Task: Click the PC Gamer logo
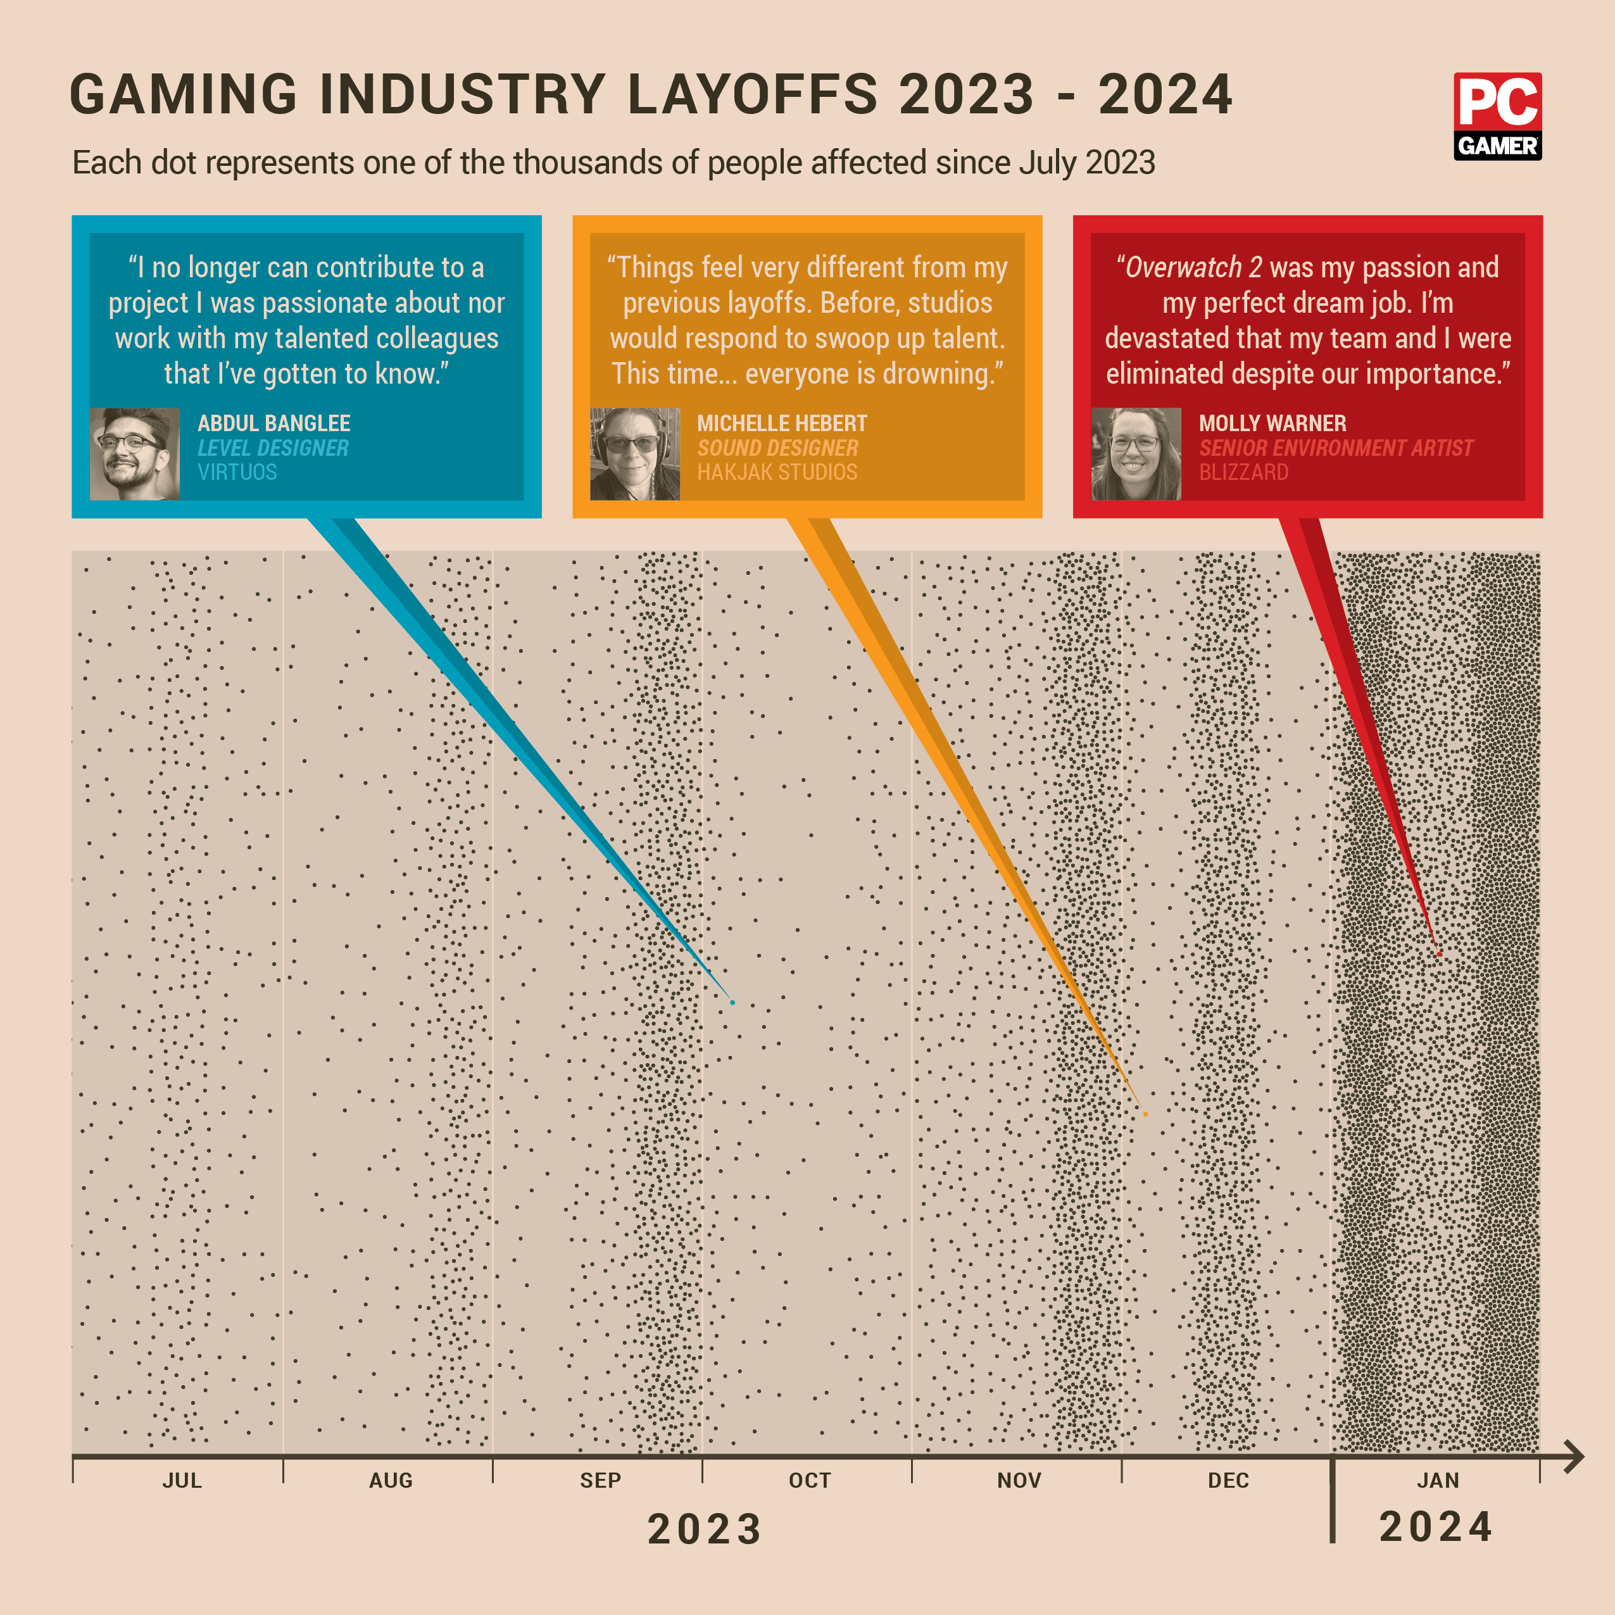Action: click(x=1497, y=116)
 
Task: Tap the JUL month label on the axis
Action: click(x=182, y=1480)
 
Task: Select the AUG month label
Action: click(x=391, y=1480)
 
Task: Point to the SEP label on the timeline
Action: click(x=600, y=1480)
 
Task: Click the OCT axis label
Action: click(x=809, y=1480)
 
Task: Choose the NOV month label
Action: click(x=1019, y=1480)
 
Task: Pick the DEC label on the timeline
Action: click(x=1228, y=1480)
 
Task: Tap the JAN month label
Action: click(x=1438, y=1480)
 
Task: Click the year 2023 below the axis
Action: click(x=705, y=1529)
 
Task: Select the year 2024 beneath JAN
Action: click(x=1436, y=1527)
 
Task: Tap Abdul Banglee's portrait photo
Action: click(x=135, y=454)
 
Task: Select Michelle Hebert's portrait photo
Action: click(x=634, y=454)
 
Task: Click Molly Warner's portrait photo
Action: click(x=1135, y=454)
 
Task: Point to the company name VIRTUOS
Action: click(x=237, y=472)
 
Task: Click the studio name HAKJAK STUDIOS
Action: click(x=777, y=472)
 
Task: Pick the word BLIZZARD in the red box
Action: click(x=1243, y=472)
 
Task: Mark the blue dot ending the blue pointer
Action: click(x=732, y=1002)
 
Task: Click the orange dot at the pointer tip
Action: click(x=1145, y=1114)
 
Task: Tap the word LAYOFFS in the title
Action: click(x=752, y=94)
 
